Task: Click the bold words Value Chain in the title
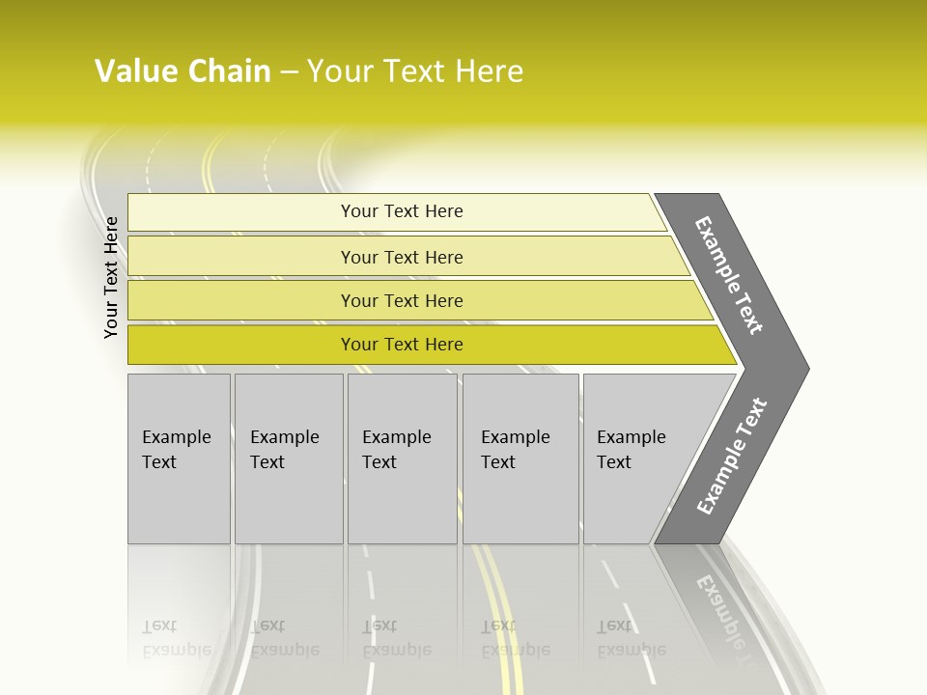tap(183, 71)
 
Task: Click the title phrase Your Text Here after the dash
tap(415, 71)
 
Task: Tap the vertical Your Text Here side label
tap(111, 277)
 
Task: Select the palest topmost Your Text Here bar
tap(241, 212)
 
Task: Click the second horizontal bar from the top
tap(241, 257)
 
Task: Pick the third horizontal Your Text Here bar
tap(241, 300)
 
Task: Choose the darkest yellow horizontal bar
tap(241, 345)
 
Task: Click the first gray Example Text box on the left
tap(179, 502)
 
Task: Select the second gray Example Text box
tap(289, 502)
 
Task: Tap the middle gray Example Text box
tap(402, 502)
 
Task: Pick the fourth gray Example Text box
tap(520, 502)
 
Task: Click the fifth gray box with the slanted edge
tap(637, 502)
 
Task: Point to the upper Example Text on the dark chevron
tap(729, 275)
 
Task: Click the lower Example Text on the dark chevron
tap(731, 457)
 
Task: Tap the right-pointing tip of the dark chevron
tap(803, 368)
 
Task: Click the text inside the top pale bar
tap(402, 211)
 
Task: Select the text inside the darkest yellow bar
tap(402, 345)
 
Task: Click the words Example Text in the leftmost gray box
tap(176, 449)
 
